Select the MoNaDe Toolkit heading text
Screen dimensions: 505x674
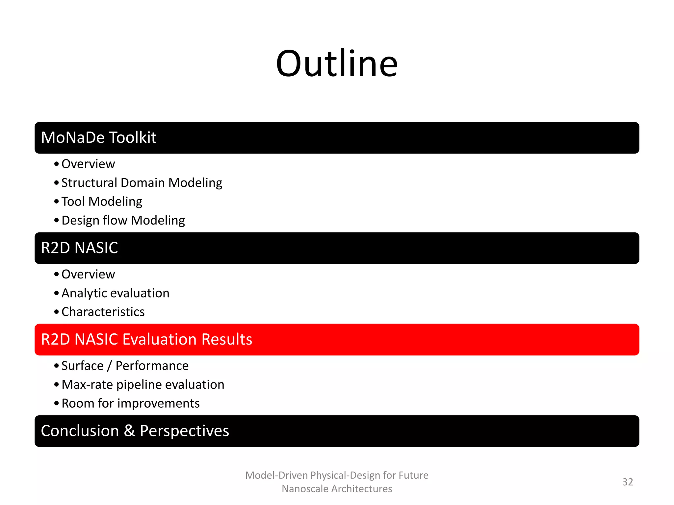[x=99, y=137]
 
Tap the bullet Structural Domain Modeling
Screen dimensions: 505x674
[x=142, y=183]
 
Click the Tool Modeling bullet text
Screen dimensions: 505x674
[x=102, y=202]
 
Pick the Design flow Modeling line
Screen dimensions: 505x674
[x=123, y=220]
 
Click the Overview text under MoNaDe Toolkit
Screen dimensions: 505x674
[x=88, y=164]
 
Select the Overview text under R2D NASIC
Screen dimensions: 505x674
[x=88, y=274]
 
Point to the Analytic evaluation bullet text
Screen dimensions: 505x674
[x=115, y=293]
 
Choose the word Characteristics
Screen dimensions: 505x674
[x=103, y=312]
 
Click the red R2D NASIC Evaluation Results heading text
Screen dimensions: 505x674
[x=146, y=339]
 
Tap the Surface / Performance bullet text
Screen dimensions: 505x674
[x=125, y=366]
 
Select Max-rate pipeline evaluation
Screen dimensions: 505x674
[x=143, y=384]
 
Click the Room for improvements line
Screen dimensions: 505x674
[x=130, y=403]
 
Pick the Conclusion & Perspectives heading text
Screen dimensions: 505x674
[x=135, y=431]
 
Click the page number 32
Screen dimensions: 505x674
[x=627, y=482]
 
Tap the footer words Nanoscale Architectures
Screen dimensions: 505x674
[x=337, y=489]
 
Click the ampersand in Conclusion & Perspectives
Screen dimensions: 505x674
[x=129, y=431]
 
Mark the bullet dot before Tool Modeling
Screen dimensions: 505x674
[x=57, y=202]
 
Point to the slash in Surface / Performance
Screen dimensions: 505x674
[x=109, y=366]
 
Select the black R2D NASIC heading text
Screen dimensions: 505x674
[x=79, y=248]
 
